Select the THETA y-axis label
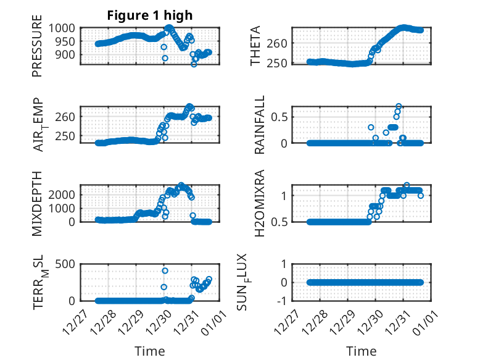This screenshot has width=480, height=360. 256,46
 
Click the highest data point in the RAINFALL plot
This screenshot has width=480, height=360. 399,106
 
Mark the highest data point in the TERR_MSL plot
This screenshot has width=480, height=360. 165,270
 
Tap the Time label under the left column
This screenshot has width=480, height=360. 150,351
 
